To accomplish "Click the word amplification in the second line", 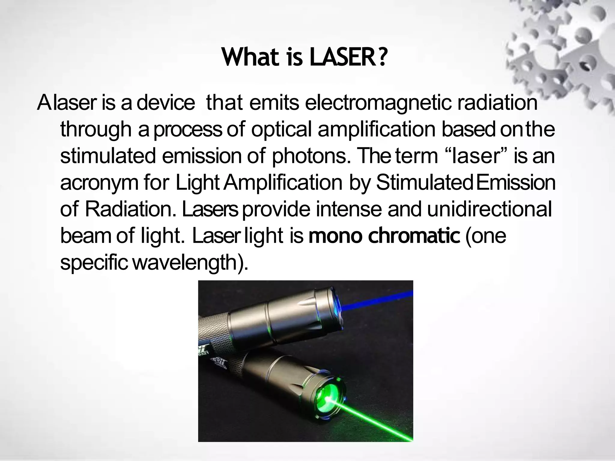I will coord(376,130).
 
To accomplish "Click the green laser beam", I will coord(375,417).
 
